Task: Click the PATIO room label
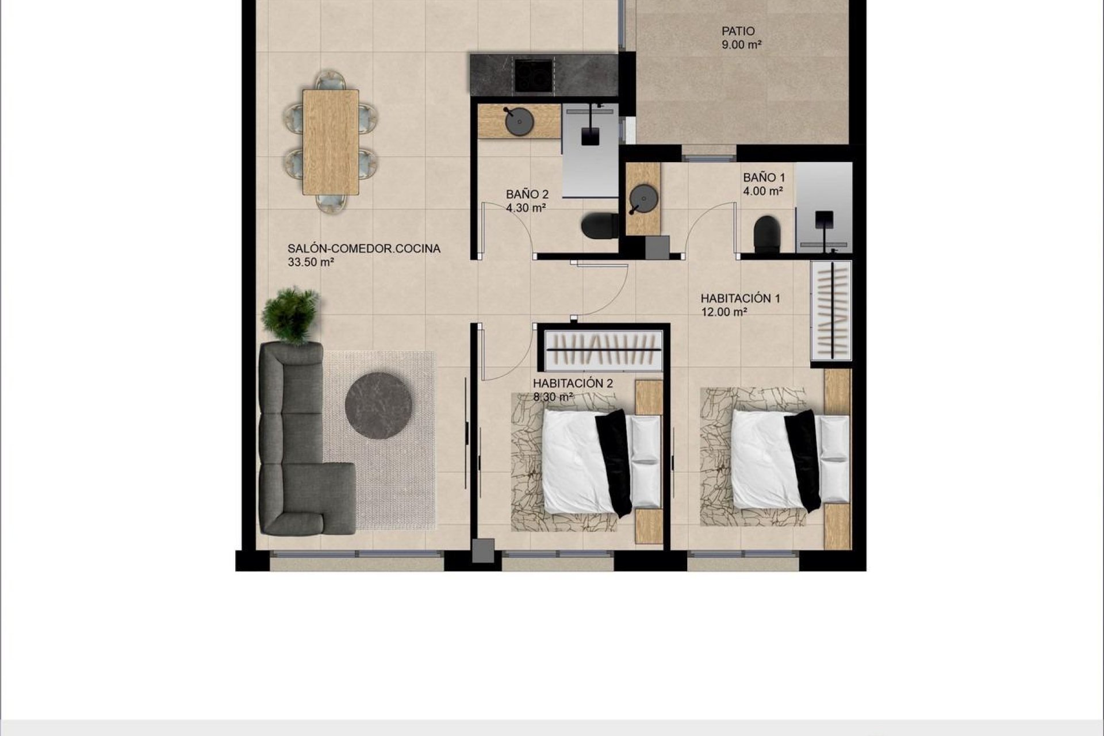738,31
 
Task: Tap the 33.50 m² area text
311,263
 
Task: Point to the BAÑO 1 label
764,178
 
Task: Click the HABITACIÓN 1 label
740,298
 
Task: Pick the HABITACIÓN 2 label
573,384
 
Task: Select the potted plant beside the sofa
290,315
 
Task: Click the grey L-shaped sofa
293,454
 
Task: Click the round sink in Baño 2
519,121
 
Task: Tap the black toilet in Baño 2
599,225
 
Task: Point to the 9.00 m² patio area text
741,45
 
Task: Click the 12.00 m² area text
724,312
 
